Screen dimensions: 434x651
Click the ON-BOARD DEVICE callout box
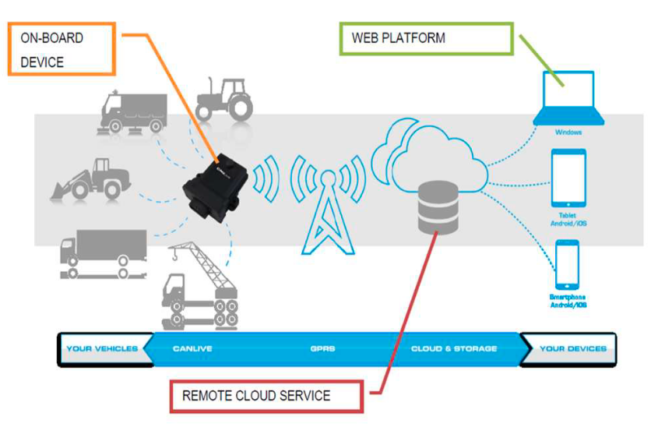click(62, 48)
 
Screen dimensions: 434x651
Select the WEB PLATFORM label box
click(426, 38)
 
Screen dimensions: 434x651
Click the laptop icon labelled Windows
click(568, 97)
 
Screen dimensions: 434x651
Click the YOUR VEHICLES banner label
click(102, 348)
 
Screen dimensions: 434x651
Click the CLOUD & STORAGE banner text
click(453, 348)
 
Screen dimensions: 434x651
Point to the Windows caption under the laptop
click(568, 132)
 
